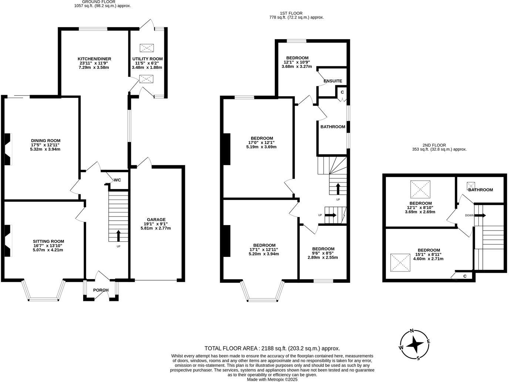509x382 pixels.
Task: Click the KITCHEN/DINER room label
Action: point(94,59)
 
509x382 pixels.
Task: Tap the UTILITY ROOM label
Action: point(148,59)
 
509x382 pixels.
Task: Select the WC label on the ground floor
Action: point(117,180)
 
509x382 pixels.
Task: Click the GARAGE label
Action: point(156,220)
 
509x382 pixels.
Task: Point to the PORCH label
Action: point(101,290)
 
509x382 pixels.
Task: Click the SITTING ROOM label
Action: point(48,241)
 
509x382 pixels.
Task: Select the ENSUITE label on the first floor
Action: point(333,81)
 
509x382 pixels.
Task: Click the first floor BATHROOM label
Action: point(333,127)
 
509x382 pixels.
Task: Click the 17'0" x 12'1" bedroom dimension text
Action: point(261,143)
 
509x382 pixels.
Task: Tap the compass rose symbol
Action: point(415,344)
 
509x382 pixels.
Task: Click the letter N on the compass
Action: point(412,331)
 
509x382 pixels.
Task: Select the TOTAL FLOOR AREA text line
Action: point(272,348)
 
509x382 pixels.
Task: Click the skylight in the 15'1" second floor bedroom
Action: point(400,262)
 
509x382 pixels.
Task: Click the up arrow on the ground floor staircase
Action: point(119,235)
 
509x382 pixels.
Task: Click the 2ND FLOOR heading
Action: point(439,145)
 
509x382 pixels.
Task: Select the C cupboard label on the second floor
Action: point(465,276)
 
